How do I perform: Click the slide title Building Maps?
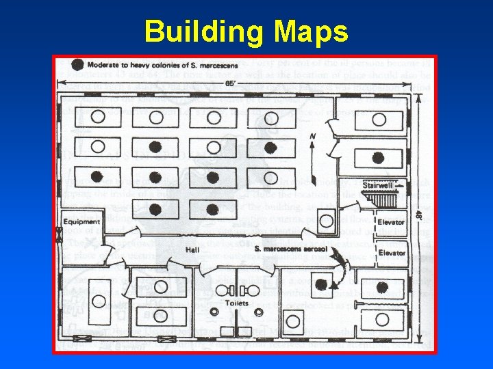click(x=246, y=31)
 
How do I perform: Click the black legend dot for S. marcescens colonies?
click(x=77, y=65)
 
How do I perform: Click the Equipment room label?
click(x=81, y=222)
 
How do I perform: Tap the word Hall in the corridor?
click(x=192, y=250)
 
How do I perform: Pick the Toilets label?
click(x=237, y=303)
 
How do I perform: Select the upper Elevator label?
click(x=392, y=222)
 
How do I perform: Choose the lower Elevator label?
click(x=392, y=253)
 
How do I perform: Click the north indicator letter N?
click(x=312, y=137)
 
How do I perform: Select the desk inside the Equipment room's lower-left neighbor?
click(x=99, y=299)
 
